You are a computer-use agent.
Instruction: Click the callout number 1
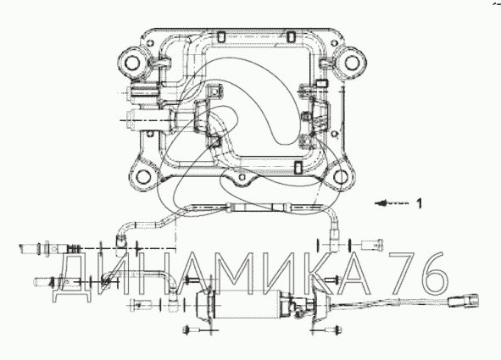point(420,203)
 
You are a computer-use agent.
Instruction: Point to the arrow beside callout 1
point(392,203)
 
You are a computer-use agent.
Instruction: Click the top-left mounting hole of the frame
point(131,63)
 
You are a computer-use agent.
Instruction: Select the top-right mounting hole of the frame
point(351,62)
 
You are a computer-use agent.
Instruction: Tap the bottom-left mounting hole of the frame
point(143,176)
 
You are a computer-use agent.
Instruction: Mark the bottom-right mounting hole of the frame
point(341,176)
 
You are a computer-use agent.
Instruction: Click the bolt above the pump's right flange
point(331,280)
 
